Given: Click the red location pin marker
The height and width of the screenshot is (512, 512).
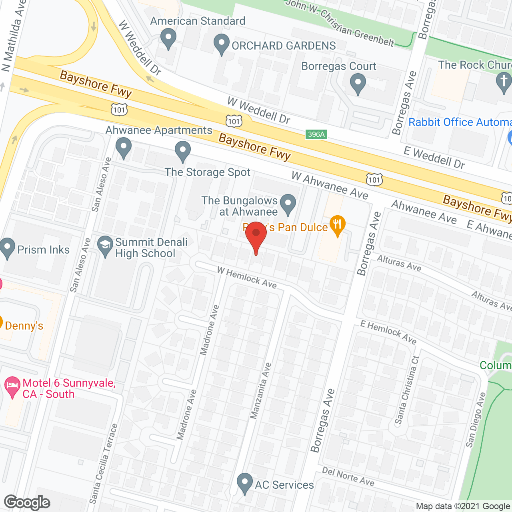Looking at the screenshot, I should coord(256,236).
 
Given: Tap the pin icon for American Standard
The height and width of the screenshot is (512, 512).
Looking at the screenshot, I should coord(168,39).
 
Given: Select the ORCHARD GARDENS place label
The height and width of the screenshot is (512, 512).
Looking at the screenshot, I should coord(284,46).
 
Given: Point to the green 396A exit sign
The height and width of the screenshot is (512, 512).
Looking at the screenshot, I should coord(316,134).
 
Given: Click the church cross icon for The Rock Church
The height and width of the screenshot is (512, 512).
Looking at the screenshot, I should coord(504,82).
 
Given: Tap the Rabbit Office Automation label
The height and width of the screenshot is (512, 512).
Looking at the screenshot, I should coord(460,122).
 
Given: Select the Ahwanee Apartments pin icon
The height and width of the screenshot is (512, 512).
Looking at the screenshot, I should coord(124,147).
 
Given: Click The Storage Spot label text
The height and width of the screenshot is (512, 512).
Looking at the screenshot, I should coord(208,172).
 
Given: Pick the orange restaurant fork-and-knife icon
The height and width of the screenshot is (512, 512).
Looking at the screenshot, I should coord(338,225).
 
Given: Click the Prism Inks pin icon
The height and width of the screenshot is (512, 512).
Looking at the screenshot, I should coord(7,248).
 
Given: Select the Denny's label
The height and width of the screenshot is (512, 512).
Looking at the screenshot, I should coord(24,326).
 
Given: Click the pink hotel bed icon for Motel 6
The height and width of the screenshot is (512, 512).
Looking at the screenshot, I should coord(12,386).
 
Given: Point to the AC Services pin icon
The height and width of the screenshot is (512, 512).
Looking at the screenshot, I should coord(244,483).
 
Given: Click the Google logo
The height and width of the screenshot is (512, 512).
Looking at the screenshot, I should coord(27,502).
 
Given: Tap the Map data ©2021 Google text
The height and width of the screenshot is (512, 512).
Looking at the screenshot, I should coord(463,506).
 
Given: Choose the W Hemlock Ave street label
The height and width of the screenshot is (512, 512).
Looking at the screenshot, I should coord(247,278).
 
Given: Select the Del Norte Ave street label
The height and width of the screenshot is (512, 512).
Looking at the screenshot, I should coord(348,476).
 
